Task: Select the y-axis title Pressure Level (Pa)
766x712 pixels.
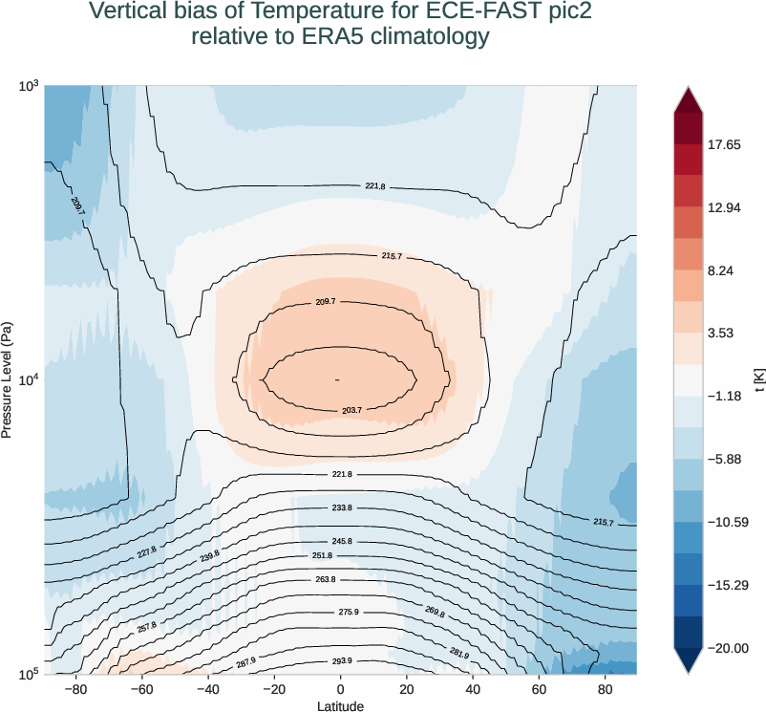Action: click(x=8, y=379)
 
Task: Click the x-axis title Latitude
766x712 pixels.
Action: click(x=340, y=705)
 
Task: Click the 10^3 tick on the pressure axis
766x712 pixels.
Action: click(x=28, y=87)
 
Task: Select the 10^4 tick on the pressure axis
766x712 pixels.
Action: click(x=28, y=380)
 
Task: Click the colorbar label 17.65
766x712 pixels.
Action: click(x=724, y=145)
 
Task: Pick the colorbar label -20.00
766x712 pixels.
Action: click(x=727, y=648)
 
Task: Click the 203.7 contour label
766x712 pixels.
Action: click(x=351, y=410)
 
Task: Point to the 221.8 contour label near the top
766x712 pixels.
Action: click(x=375, y=186)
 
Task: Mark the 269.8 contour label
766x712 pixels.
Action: click(x=434, y=613)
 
